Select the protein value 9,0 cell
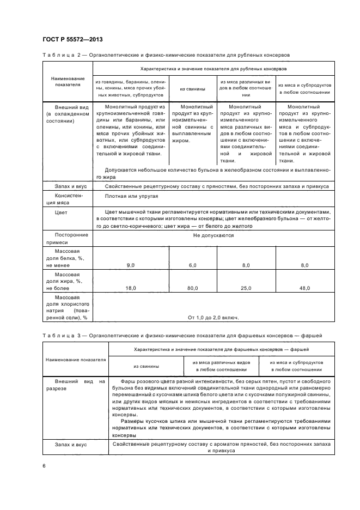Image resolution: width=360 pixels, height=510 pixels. [x=131, y=265]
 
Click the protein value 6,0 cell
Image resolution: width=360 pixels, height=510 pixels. [x=192, y=265]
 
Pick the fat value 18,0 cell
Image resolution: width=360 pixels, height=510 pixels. [x=131, y=288]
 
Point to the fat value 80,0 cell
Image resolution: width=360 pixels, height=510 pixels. [x=192, y=288]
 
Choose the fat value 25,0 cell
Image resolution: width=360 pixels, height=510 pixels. [x=246, y=288]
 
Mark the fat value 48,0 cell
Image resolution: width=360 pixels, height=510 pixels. [x=304, y=288]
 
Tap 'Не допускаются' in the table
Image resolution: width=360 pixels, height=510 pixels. [x=213, y=235]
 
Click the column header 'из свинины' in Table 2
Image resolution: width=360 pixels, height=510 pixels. [x=193, y=88]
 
